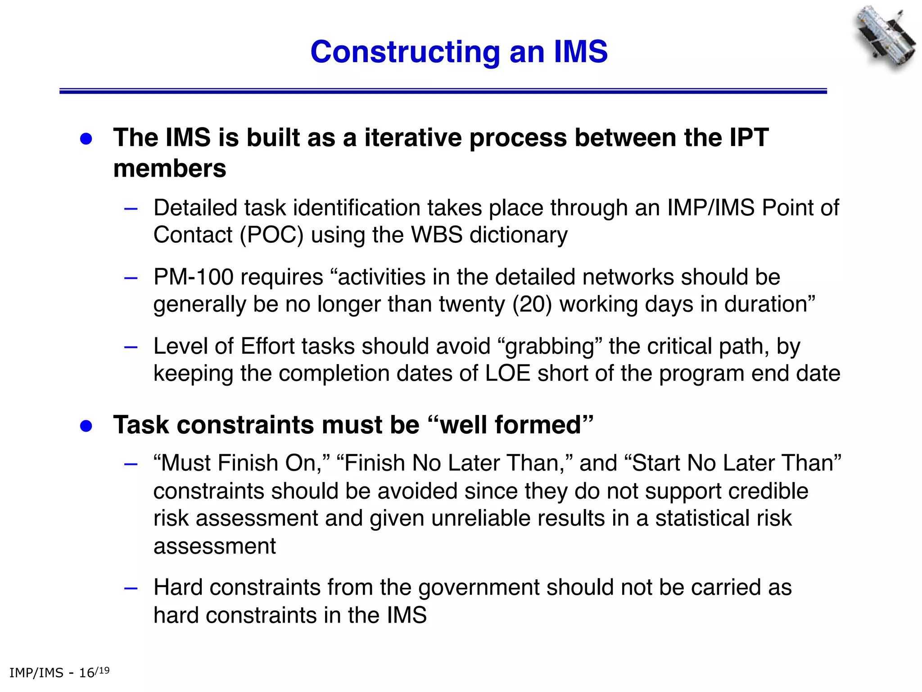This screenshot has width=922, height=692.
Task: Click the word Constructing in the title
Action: pyautogui.click(x=405, y=52)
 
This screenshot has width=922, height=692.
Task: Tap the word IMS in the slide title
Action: pyautogui.click(x=580, y=52)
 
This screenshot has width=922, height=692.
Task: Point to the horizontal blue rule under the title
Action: pyautogui.click(x=443, y=91)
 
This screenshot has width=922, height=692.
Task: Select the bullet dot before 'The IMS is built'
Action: pyautogui.click(x=86, y=139)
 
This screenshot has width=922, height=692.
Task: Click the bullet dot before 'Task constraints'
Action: pyautogui.click(x=86, y=426)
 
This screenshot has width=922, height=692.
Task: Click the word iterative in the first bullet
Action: pyautogui.click(x=413, y=137)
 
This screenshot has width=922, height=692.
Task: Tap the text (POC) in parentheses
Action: pyautogui.click(x=271, y=235)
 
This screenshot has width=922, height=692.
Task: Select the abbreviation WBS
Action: pyautogui.click(x=437, y=235)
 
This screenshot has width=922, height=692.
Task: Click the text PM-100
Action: pyautogui.click(x=193, y=277)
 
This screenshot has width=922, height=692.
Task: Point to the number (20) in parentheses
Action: pyautogui.click(x=532, y=305)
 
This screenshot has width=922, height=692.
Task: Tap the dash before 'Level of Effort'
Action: pyautogui.click(x=131, y=347)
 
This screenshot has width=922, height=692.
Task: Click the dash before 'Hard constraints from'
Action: pyautogui.click(x=131, y=588)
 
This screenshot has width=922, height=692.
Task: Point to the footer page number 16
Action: pyautogui.click(x=86, y=673)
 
